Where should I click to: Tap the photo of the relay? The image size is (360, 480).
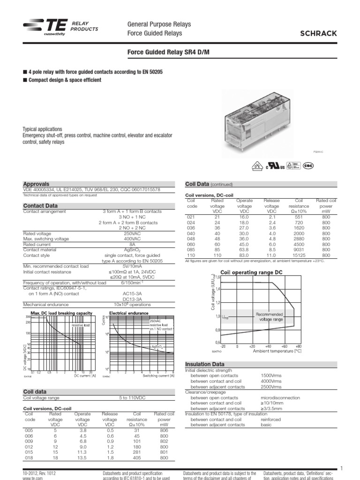[x=256, y=120]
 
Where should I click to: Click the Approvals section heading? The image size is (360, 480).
[x=36, y=184]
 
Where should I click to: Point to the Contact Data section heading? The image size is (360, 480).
[x=40, y=205]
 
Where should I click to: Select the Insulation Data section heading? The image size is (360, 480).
[x=205, y=364]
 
